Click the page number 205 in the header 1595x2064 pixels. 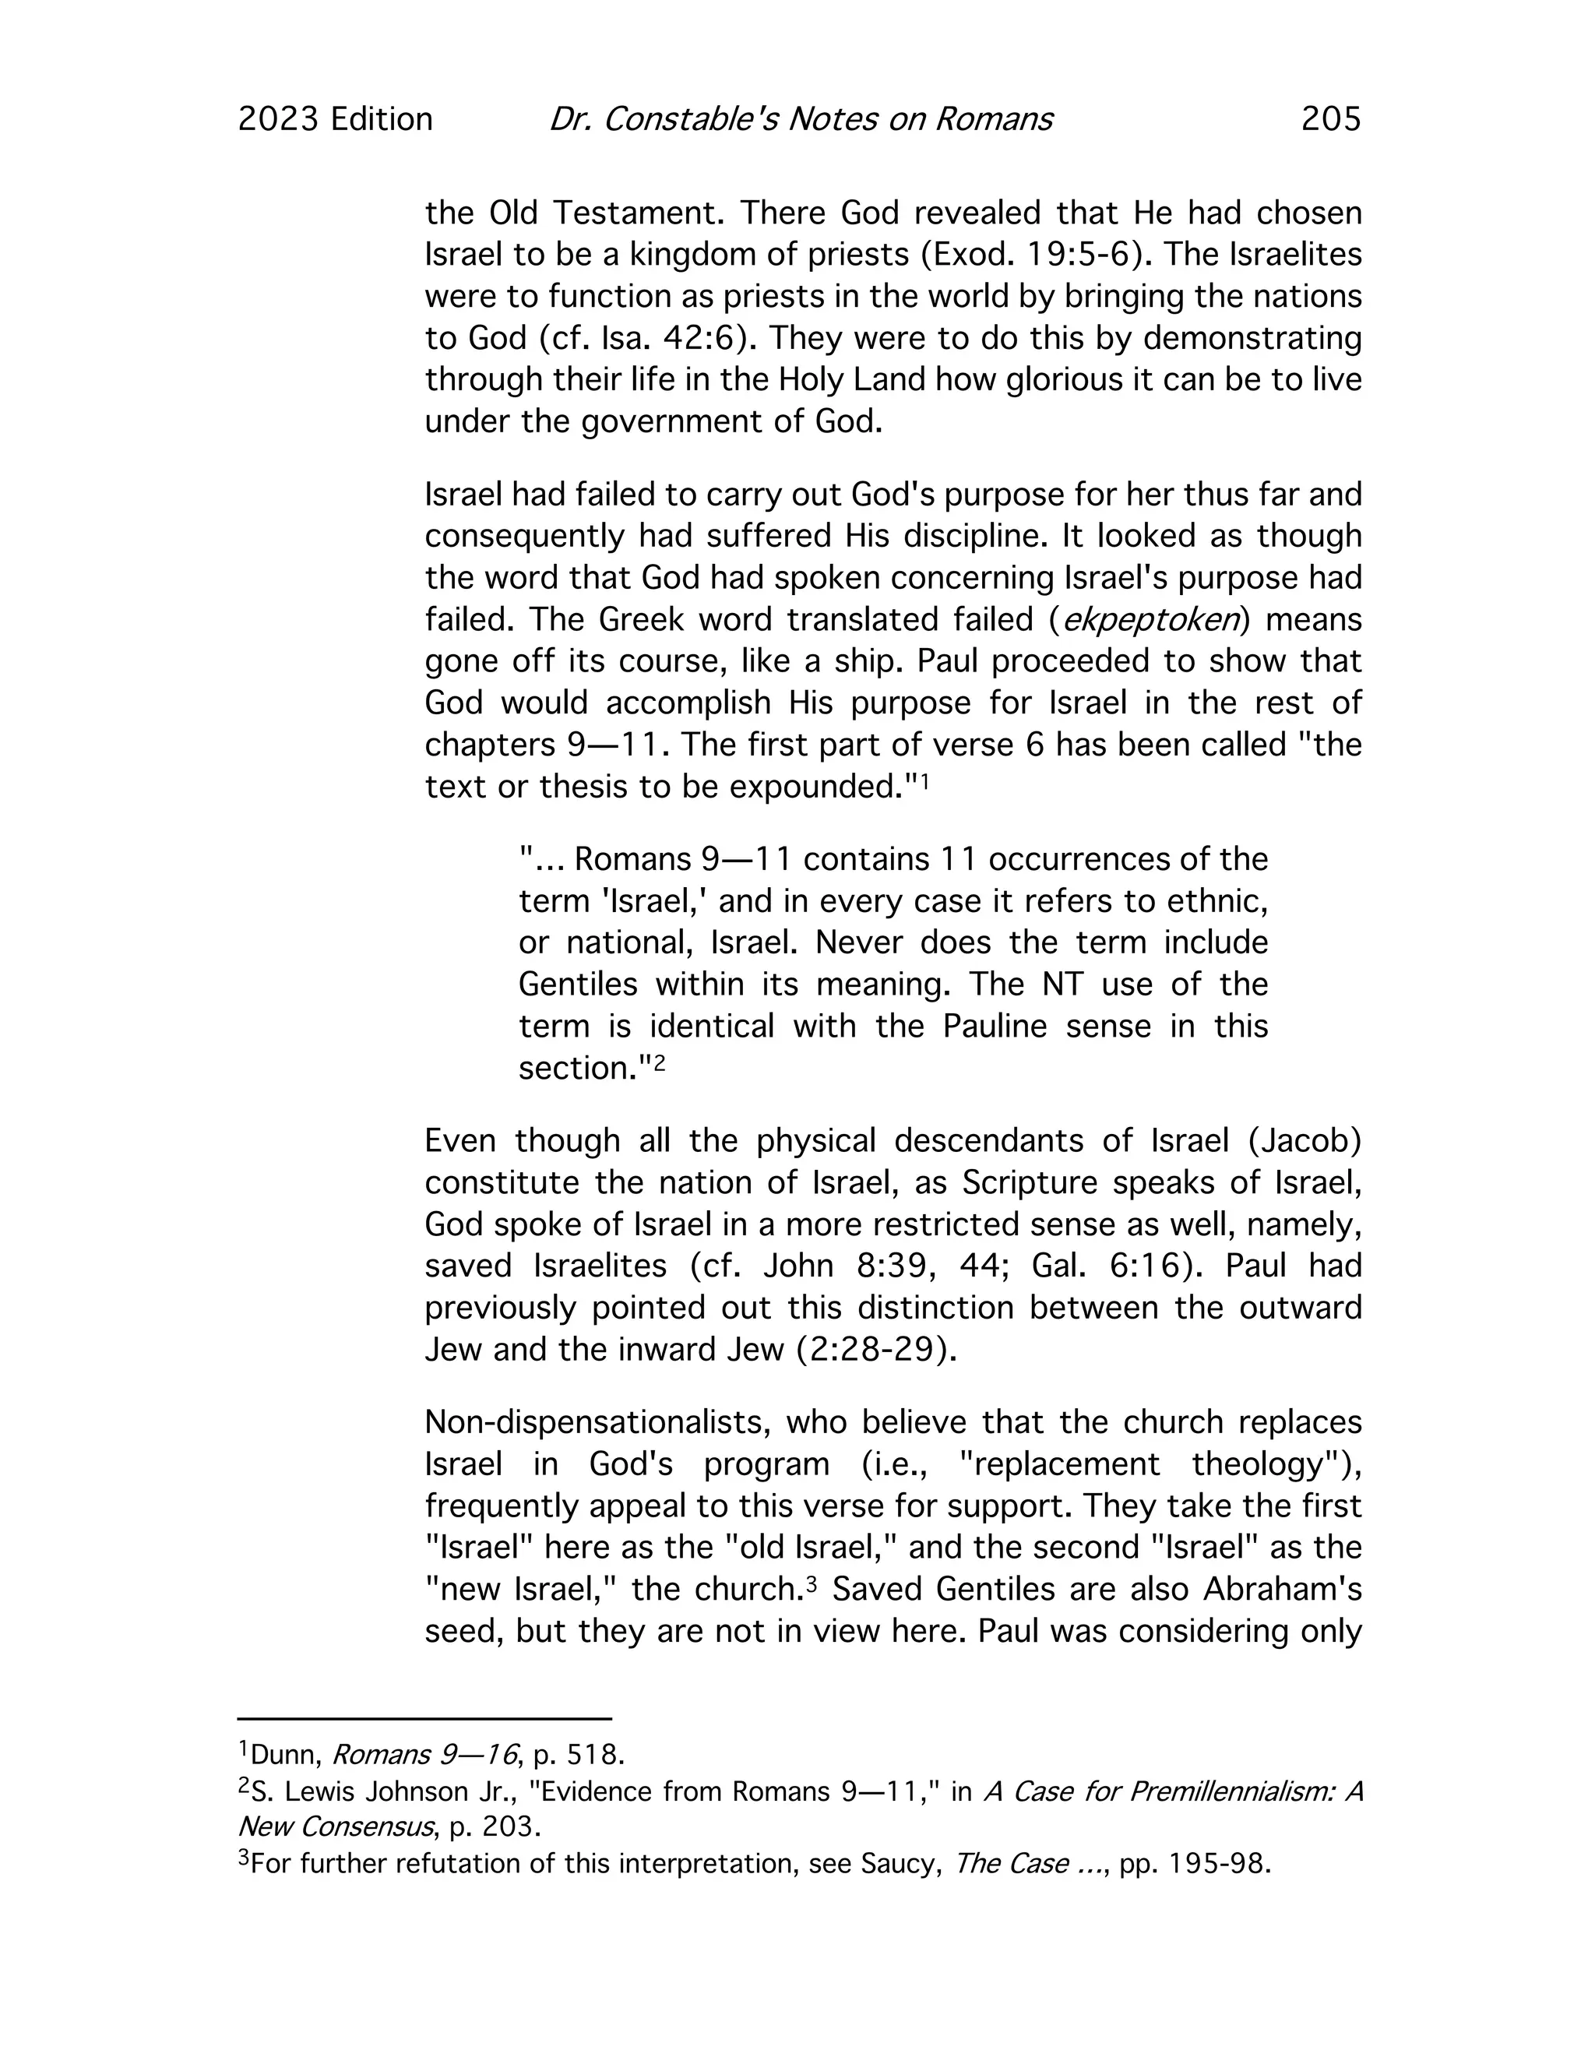click(1330, 119)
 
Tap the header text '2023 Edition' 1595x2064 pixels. click(336, 119)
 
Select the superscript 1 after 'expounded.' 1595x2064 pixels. click(926, 780)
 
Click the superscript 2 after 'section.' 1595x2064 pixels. click(660, 1062)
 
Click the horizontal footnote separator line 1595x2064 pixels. click(424, 1719)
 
